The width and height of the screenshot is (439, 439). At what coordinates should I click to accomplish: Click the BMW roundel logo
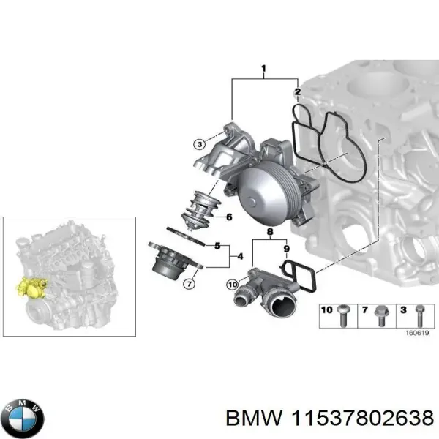(23, 418)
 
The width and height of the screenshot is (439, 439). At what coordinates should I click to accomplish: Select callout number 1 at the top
(263, 70)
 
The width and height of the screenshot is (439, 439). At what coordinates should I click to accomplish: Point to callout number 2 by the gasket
(297, 92)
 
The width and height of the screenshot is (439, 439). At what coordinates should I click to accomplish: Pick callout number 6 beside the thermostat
(228, 217)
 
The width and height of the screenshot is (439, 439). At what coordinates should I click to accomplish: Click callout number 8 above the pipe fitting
(270, 233)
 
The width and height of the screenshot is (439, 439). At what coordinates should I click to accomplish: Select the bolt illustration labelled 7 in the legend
(381, 316)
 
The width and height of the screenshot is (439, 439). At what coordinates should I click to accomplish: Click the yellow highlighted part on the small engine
(31, 286)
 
